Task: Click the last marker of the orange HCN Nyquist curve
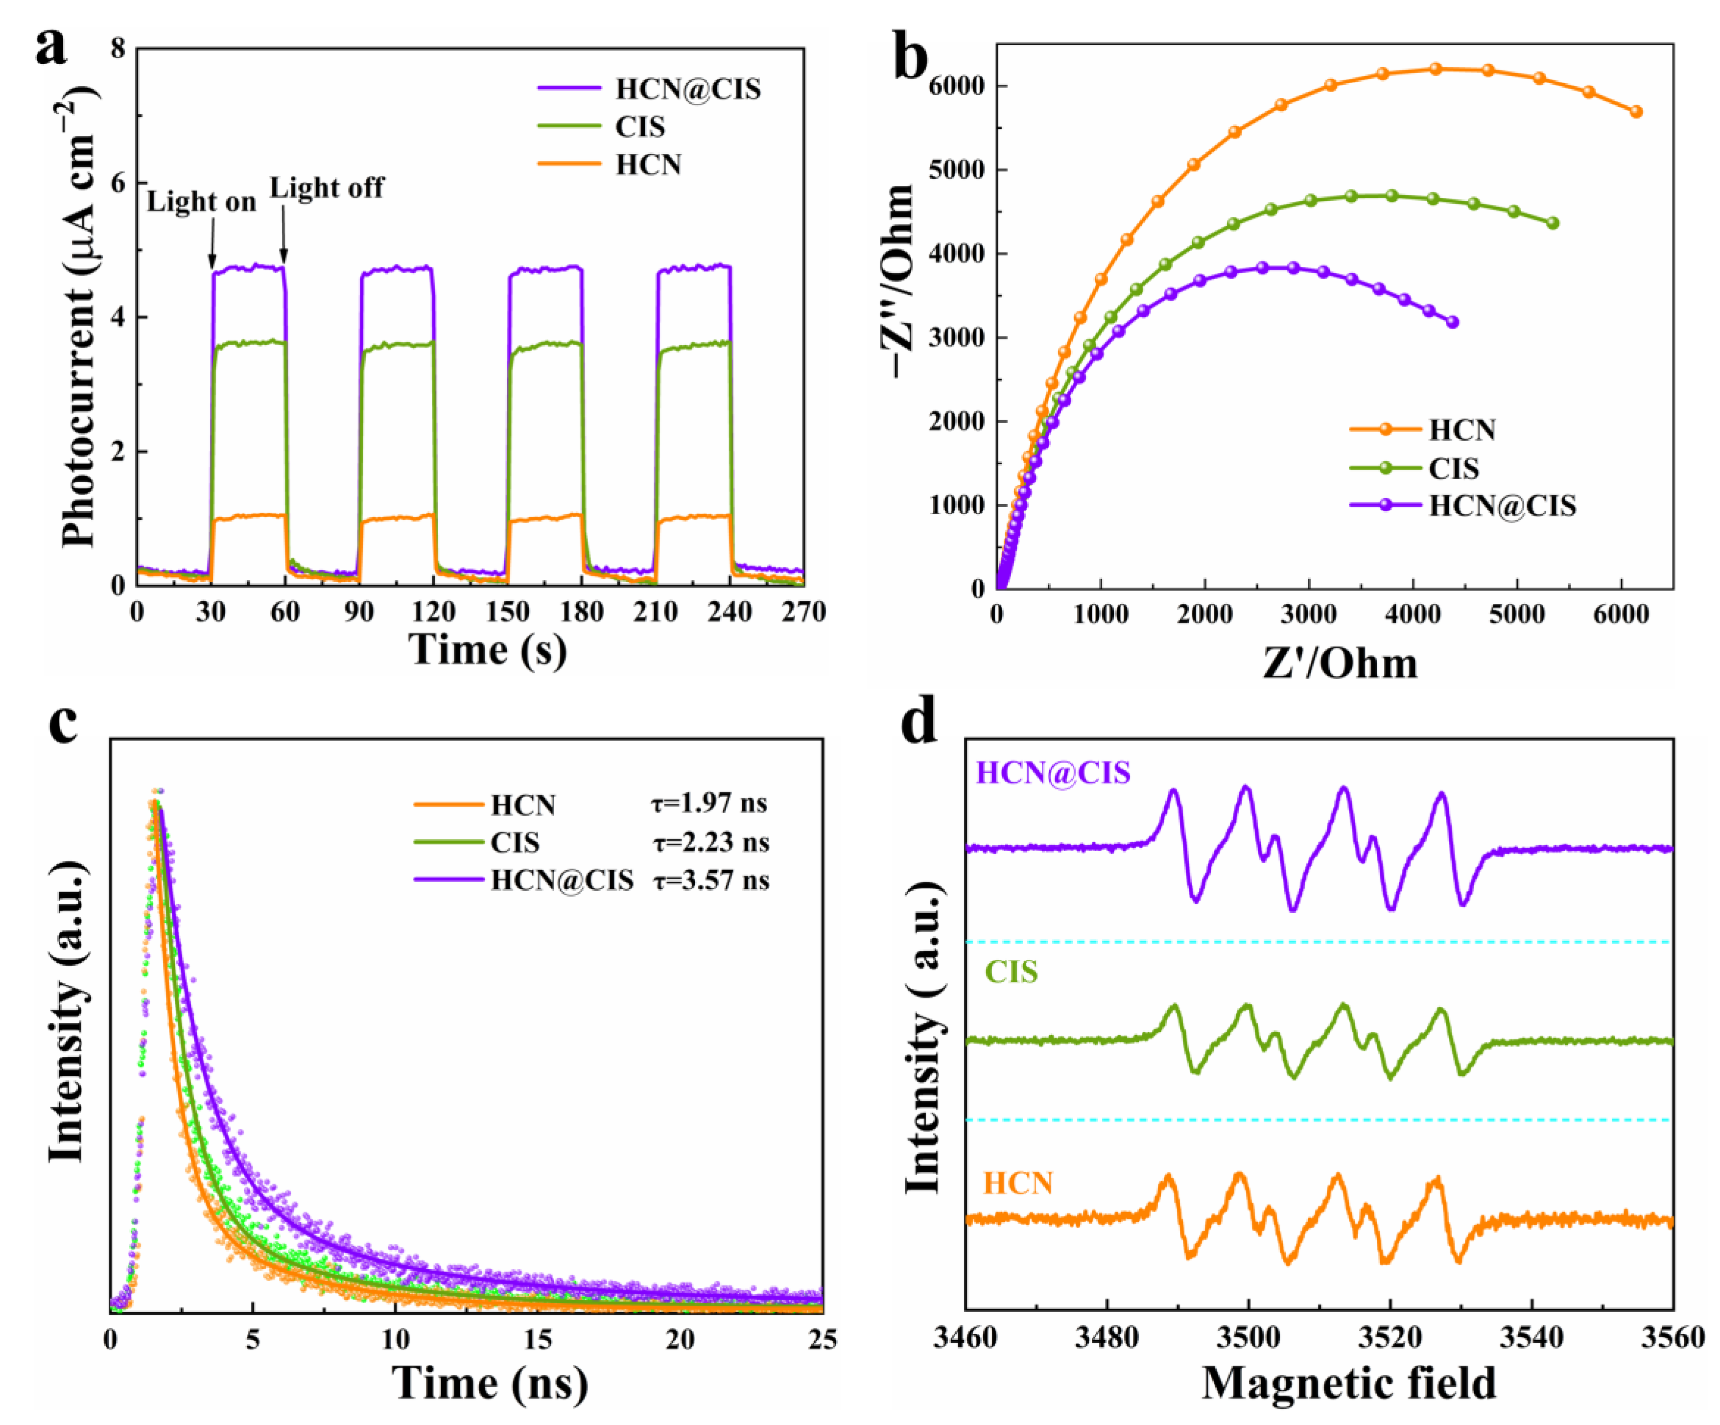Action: point(1636,112)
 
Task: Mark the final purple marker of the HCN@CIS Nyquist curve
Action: point(1452,322)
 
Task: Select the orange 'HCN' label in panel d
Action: point(1017,1184)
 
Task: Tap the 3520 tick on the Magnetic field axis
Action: point(1390,1338)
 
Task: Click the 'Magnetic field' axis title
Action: point(1348,1382)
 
